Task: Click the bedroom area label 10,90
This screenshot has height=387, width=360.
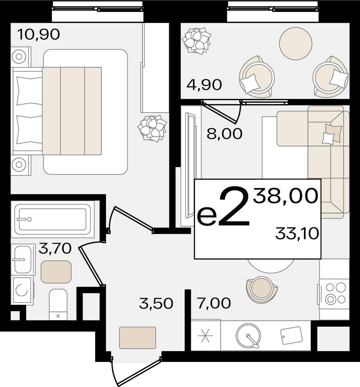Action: click(39, 34)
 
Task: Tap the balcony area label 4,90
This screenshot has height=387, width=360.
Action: click(204, 85)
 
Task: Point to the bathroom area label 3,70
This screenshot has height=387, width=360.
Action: click(55, 248)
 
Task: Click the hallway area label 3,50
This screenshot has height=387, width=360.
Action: click(156, 303)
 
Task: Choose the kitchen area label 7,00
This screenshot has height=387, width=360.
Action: click(214, 303)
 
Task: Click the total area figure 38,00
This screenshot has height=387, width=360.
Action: click(286, 196)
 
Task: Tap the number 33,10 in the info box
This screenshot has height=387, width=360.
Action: click(297, 234)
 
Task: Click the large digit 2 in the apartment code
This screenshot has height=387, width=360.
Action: click(234, 206)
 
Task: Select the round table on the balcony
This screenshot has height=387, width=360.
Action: click(295, 43)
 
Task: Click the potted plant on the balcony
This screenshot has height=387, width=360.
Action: click(196, 41)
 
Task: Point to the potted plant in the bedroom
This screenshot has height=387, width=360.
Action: click(152, 128)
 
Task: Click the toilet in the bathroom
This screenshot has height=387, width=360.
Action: click(58, 304)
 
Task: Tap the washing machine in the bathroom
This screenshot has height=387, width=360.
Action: click(22, 290)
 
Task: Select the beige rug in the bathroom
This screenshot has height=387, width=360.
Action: click(56, 272)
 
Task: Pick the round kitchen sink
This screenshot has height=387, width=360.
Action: click(248, 336)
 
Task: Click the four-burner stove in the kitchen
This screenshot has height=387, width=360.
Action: click(334, 294)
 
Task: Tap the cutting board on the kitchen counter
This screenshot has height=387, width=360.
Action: click(291, 335)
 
